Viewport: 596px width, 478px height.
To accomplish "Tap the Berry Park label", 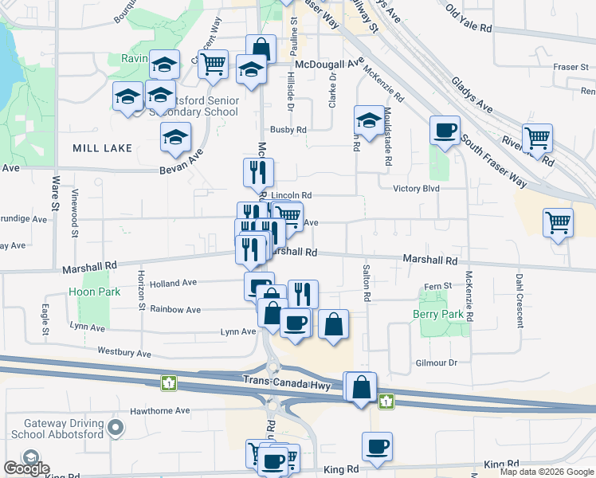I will coord(440,314).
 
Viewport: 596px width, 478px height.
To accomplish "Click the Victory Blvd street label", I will coord(416,189).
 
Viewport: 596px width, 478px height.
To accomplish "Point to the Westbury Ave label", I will coord(124,352).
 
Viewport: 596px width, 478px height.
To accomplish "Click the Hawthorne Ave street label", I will coord(162,411).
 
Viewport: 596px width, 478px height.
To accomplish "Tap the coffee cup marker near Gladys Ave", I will coord(444,128).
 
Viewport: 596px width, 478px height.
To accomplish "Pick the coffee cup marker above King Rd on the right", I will coord(377,446).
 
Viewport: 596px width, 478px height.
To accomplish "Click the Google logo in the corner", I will coord(26,468).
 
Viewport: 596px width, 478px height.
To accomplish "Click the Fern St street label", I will coord(438,286).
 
